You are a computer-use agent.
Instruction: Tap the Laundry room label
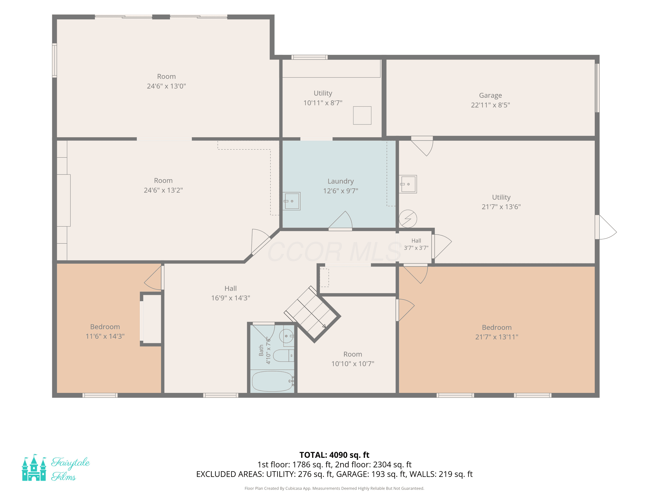(341, 181)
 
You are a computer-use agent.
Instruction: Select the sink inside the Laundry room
(291, 201)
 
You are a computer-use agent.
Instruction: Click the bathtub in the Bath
(273, 381)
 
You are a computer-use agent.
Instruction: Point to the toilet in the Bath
(283, 356)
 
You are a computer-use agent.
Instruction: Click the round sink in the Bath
(286, 336)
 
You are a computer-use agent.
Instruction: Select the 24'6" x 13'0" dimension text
(166, 86)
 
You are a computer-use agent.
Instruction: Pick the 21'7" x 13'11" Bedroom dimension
(497, 337)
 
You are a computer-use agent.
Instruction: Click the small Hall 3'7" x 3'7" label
(416, 244)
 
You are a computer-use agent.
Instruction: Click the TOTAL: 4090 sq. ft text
(334, 455)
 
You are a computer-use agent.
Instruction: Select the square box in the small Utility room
(362, 115)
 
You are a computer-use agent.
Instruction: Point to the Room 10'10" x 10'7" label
(353, 359)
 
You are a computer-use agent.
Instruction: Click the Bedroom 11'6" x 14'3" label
(105, 331)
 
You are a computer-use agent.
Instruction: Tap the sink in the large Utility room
(408, 184)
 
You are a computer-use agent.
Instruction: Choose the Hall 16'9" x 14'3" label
(230, 293)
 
